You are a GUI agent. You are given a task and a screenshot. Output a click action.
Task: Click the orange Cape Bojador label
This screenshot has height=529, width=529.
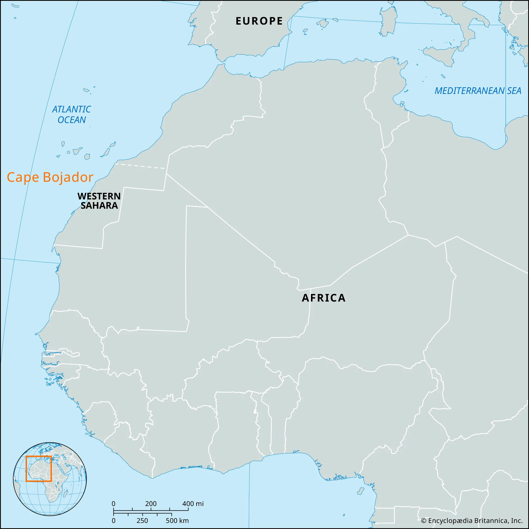tap(50, 177)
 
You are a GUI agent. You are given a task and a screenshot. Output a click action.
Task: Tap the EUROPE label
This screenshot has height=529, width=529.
tap(259, 21)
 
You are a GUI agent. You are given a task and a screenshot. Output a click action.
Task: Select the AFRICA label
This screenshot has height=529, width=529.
tap(323, 298)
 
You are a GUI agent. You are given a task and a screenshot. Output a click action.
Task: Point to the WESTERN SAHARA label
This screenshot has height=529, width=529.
tap(99, 201)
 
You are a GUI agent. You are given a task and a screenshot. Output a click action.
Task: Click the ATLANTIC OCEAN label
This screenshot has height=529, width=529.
tap(71, 115)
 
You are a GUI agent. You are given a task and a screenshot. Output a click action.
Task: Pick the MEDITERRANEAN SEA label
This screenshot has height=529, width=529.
tap(478, 91)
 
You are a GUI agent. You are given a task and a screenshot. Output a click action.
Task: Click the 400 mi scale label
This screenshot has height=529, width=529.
tap(193, 504)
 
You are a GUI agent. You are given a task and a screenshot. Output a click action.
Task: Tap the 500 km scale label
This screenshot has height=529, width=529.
tap(177, 521)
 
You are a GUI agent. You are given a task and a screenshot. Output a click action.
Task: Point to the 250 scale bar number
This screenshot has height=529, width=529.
tap(142, 521)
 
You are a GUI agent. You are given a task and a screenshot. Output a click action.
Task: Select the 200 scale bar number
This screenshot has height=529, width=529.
tap(151, 504)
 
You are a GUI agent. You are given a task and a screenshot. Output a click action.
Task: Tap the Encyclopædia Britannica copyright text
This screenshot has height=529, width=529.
tap(472, 521)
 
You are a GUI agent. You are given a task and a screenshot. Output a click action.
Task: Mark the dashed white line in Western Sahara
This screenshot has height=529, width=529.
tap(140, 166)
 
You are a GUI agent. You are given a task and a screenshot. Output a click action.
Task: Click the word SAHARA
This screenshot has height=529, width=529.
tap(99, 206)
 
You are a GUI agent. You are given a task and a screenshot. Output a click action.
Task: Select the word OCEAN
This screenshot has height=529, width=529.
tap(71, 120)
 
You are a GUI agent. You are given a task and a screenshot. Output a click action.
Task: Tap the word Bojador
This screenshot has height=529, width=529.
tap(68, 177)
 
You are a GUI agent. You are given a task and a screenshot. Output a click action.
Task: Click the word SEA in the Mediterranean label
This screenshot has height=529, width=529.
tap(514, 91)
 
